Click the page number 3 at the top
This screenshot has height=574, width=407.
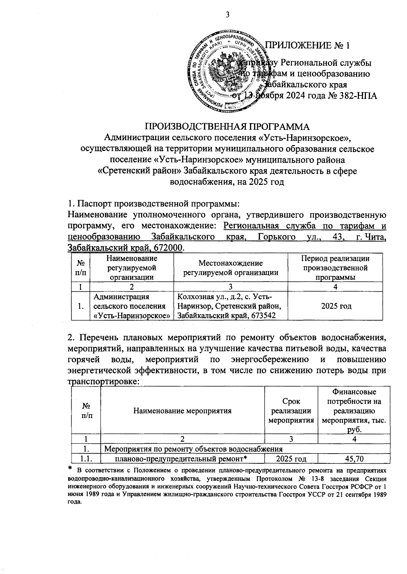[227, 15]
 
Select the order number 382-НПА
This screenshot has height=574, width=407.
[355, 96]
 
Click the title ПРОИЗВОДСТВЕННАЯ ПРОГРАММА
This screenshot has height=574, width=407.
[227, 127]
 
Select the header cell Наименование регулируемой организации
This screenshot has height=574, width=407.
[132, 267]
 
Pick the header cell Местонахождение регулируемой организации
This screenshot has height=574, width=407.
[231, 267]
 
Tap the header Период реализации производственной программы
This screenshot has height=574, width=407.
[335, 267]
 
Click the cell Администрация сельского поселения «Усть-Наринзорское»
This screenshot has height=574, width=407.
[132, 306]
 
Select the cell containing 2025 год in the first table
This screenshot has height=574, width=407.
[335, 306]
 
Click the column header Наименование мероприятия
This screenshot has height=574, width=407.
[182, 411]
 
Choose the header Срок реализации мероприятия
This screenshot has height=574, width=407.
[291, 411]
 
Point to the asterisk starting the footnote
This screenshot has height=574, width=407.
[71, 468]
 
